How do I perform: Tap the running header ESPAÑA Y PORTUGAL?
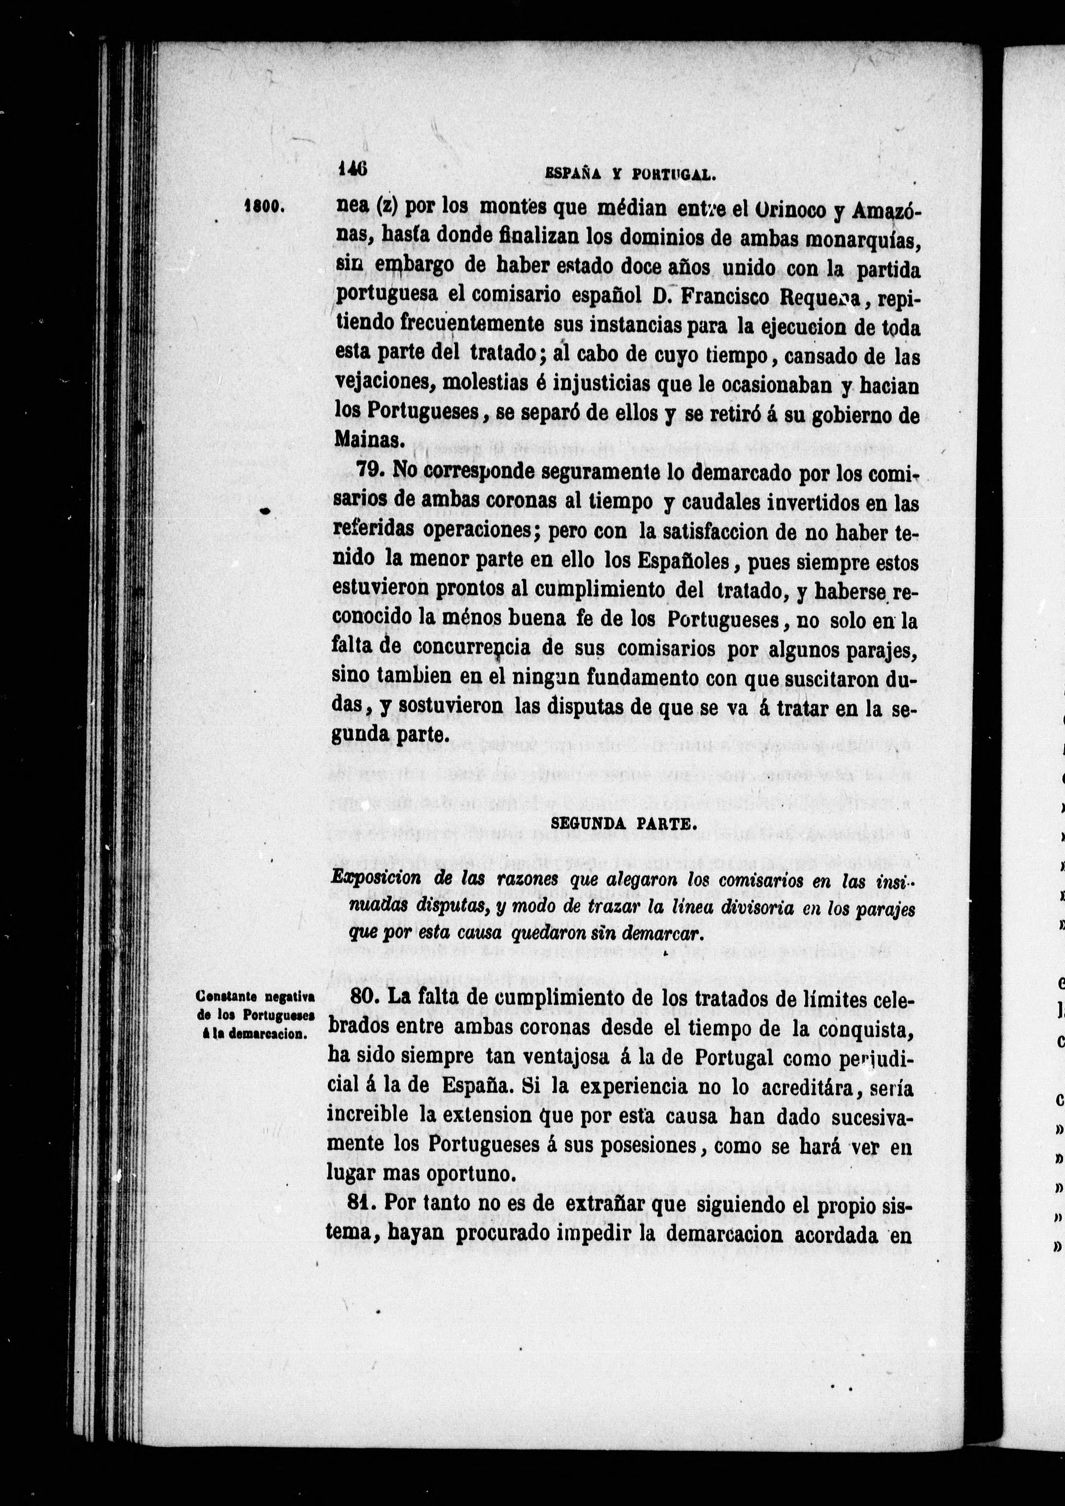click(x=630, y=174)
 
